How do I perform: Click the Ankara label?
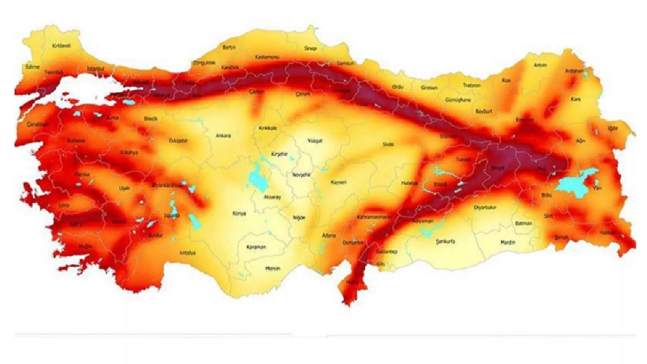(223, 136)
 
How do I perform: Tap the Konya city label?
(239, 214)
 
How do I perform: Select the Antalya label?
(188, 253)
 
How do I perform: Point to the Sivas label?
(388, 144)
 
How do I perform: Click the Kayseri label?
(339, 182)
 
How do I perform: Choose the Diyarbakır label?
(485, 208)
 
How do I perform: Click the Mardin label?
(507, 242)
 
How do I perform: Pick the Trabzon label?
(471, 86)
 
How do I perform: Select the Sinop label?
(310, 49)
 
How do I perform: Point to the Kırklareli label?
(62, 46)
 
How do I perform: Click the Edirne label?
(33, 67)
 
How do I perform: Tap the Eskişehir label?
(178, 141)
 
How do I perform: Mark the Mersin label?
(273, 269)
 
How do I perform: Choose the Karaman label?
(256, 247)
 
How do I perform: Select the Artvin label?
(540, 65)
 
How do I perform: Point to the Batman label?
(524, 223)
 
